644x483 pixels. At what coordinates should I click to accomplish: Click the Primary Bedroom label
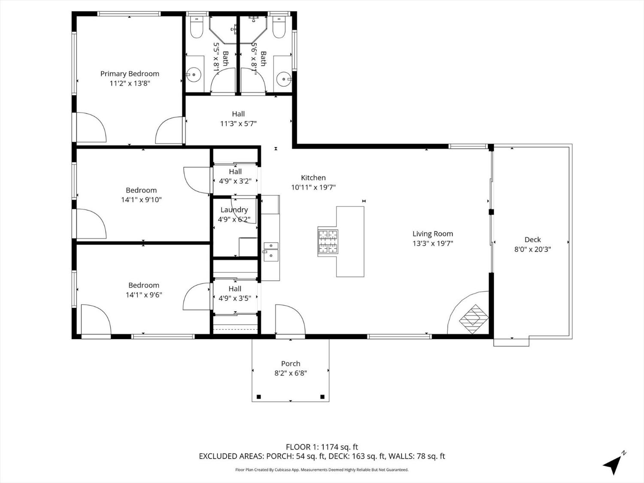click(130, 74)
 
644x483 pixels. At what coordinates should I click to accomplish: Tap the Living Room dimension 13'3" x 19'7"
click(432, 243)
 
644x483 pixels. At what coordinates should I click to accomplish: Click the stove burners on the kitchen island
click(328, 242)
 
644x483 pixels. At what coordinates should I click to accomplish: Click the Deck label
click(532, 240)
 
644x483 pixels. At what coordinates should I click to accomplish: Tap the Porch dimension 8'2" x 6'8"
click(291, 373)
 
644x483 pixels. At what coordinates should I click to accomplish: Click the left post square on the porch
click(258, 397)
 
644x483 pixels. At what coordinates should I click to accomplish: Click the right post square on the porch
click(322, 397)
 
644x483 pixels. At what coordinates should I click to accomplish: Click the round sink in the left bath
click(194, 75)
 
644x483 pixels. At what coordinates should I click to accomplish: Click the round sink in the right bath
click(283, 79)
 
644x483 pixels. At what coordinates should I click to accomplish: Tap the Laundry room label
click(234, 210)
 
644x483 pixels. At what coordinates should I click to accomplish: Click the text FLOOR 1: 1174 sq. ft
click(322, 447)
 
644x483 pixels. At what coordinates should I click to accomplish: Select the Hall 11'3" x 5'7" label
click(238, 118)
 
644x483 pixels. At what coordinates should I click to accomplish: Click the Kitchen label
click(313, 178)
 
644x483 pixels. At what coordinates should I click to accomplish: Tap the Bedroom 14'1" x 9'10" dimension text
click(141, 200)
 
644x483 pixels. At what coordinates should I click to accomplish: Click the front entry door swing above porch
click(290, 320)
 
